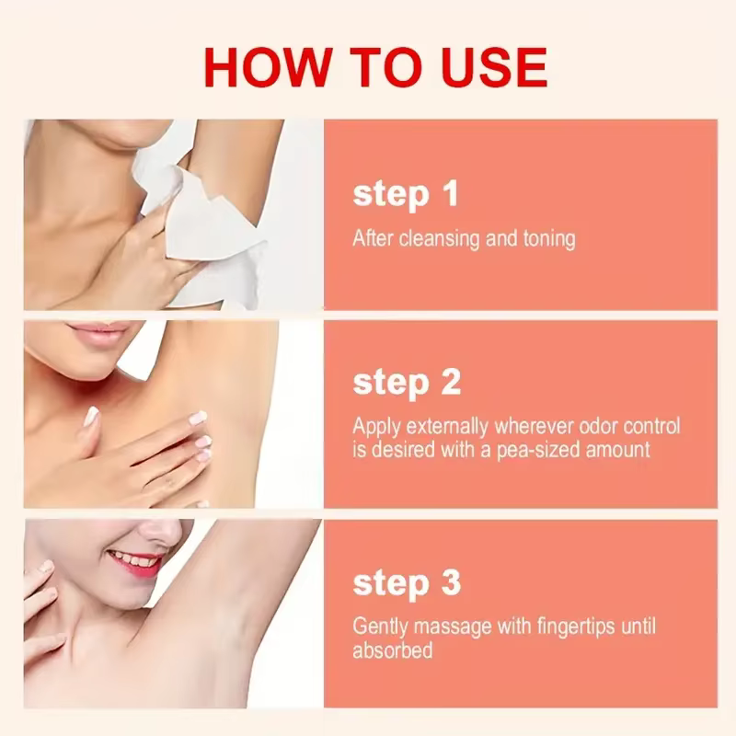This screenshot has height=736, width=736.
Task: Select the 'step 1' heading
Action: [405, 194]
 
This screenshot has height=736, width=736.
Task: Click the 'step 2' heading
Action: [407, 383]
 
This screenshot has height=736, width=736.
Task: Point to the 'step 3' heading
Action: [407, 583]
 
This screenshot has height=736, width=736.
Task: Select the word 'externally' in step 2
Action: [447, 426]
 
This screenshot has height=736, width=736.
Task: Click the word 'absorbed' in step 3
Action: [393, 651]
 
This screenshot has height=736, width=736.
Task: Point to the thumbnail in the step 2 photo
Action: [91, 417]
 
